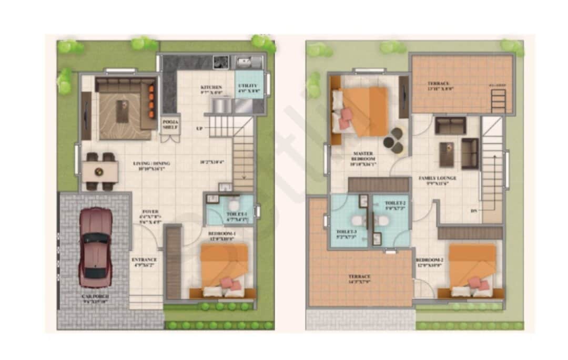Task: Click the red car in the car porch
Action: (96, 247)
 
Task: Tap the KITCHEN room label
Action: (211, 87)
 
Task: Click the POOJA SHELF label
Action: (170, 124)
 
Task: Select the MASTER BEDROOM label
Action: (363, 156)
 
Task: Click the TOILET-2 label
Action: (395, 203)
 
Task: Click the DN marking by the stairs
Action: (474, 211)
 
